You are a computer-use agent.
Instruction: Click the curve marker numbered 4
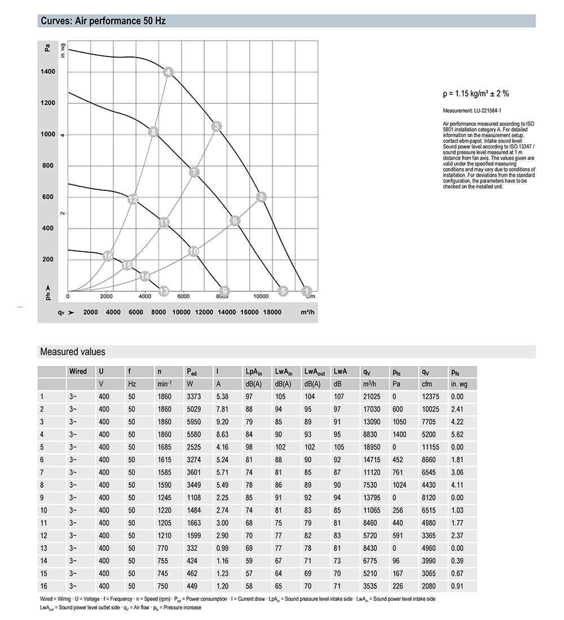tap(168, 72)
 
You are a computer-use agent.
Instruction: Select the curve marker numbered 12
tap(133, 199)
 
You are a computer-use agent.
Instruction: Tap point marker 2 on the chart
tap(261, 197)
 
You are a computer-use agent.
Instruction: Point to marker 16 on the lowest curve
tap(108, 256)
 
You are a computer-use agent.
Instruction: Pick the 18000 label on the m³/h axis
tap(272, 312)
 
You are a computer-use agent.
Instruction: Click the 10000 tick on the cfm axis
tap(261, 295)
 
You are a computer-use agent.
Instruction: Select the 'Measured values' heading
tap(73, 352)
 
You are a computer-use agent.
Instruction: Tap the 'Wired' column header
tap(78, 372)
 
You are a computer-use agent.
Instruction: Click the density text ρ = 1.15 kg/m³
tap(476, 94)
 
